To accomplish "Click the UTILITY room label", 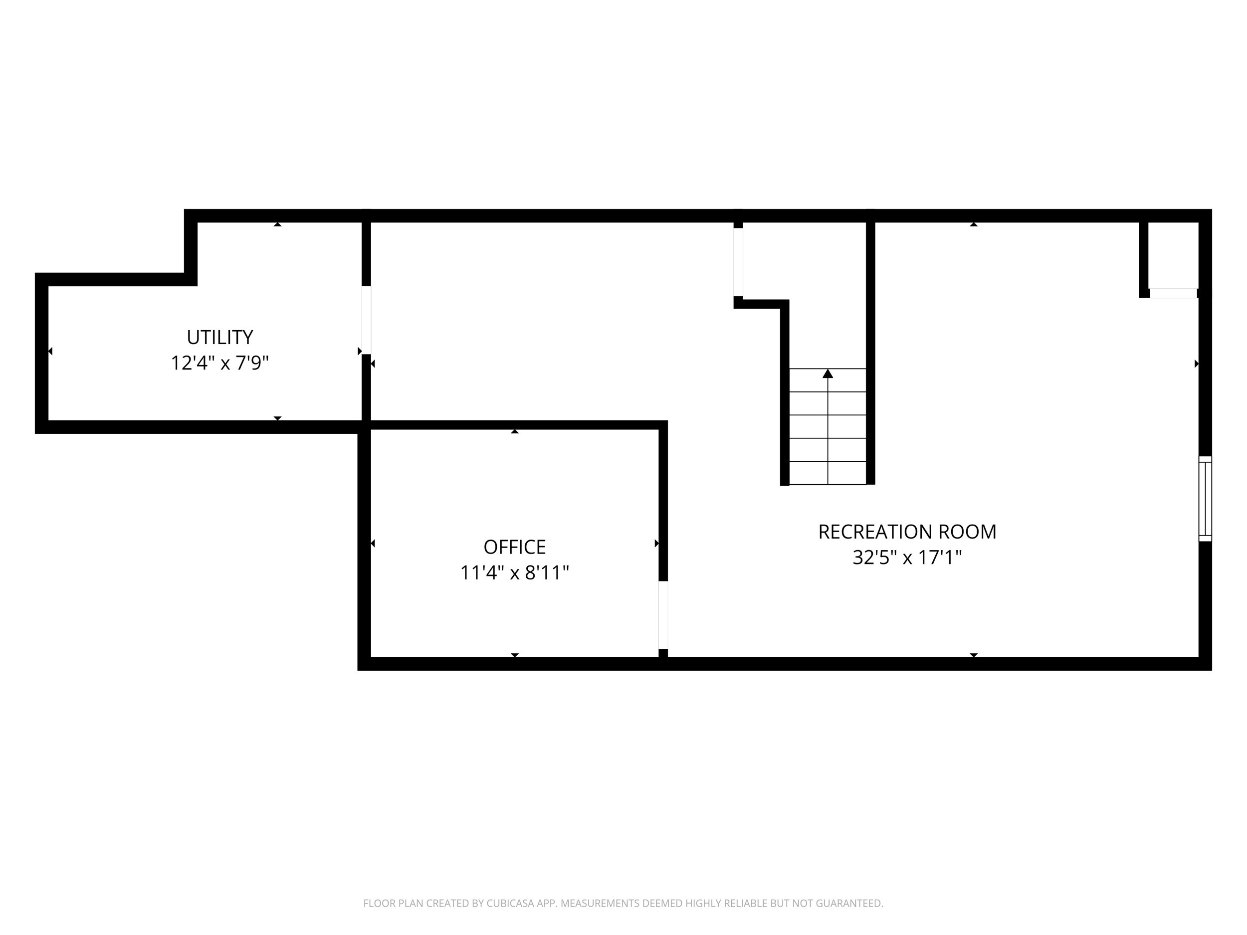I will (x=220, y=337).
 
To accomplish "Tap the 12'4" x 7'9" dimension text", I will (x=220, y=363).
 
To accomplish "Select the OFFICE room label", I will (x=514, y=547).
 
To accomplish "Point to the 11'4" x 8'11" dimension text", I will (x=514, y=572).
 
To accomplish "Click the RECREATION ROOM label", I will (x=907, y=532).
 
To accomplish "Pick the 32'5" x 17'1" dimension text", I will (x=907, y=558).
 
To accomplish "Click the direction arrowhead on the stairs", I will (x=828, y=373).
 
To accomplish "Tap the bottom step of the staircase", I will (x=828, y=473).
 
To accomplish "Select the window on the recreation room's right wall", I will (x=1205, y=499).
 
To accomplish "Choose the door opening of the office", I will (x=663, y=615).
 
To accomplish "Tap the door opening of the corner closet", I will (x=1173, y=293).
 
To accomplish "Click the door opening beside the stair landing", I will (x=738, y=262).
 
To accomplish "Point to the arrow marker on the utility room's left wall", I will (x=50, y=351).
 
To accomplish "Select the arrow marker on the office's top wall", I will (x=515, y=431).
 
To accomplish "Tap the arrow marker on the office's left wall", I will (x=373, y=544).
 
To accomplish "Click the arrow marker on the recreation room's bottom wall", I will (x=974, y=655).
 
